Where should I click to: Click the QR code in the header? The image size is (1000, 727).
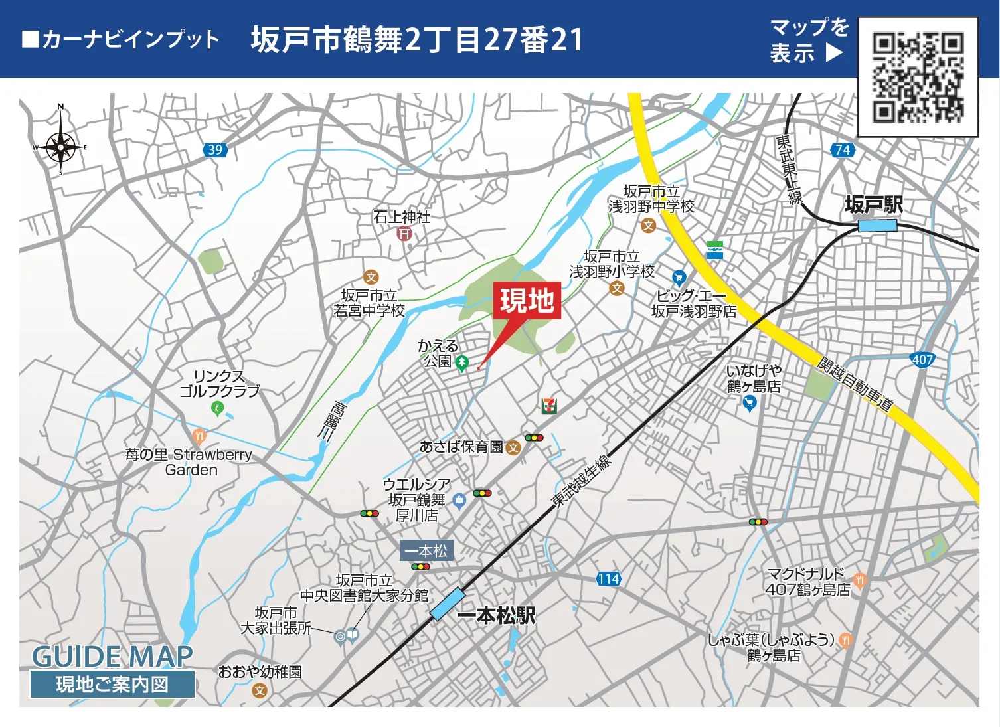click(x=918, y=77)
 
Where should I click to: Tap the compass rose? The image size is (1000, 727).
click(x=60, y=145)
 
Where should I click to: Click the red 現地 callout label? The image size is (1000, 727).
click(x=527, y=301)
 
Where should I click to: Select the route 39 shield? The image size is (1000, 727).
click(x=215, y=150)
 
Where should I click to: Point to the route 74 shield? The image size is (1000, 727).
click(x=842, y=150)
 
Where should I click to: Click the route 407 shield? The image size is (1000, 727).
click(x=922, y=360)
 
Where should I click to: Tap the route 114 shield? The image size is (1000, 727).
click(x=608, y=579)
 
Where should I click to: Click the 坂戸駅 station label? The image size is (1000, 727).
click(x=873, y=204)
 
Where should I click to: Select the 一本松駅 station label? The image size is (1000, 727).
click(x=496, y=615)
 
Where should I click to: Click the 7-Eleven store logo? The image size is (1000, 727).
click(x=548, y=405)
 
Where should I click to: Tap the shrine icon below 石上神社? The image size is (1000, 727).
click(x=404, y=234)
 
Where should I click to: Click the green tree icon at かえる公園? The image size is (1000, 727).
click(x=462, y=363)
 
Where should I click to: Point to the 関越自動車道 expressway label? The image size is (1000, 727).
click(x=855, y=384)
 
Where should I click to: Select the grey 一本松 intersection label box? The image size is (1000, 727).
click(x=426, y=550)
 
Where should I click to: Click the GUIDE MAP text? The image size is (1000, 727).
click(x=112, y=657)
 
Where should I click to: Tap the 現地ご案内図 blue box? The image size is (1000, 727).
click(x=112, y=685)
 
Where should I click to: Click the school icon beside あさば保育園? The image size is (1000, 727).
click(x=513, y=448)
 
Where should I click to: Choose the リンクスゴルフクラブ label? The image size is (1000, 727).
click(x=219, y=384)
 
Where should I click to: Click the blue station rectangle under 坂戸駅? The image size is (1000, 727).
click(x=877, y=226)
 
